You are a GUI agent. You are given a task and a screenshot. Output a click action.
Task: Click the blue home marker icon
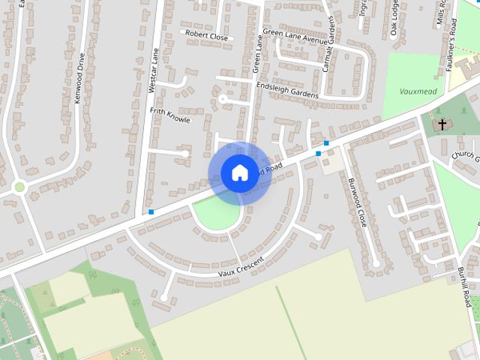coord(239,172)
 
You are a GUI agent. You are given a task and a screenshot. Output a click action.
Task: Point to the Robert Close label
coord(206,35)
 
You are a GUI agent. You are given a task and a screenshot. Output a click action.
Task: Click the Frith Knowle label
coord(170,115)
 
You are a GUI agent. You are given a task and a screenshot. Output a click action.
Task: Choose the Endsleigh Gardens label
coord(287,90)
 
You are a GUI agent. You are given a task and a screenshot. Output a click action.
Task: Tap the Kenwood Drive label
coord(77,78)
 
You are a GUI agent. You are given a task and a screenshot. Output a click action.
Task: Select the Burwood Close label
coord(356,203)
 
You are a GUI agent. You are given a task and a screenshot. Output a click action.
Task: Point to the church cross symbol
coord(442,124)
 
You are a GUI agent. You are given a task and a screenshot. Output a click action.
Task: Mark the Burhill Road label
coord(465,286)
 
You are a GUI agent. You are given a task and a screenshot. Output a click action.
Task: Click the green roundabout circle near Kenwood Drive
coord(19,187)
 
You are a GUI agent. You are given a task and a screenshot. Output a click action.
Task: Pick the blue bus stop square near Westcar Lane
coord(151,212)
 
